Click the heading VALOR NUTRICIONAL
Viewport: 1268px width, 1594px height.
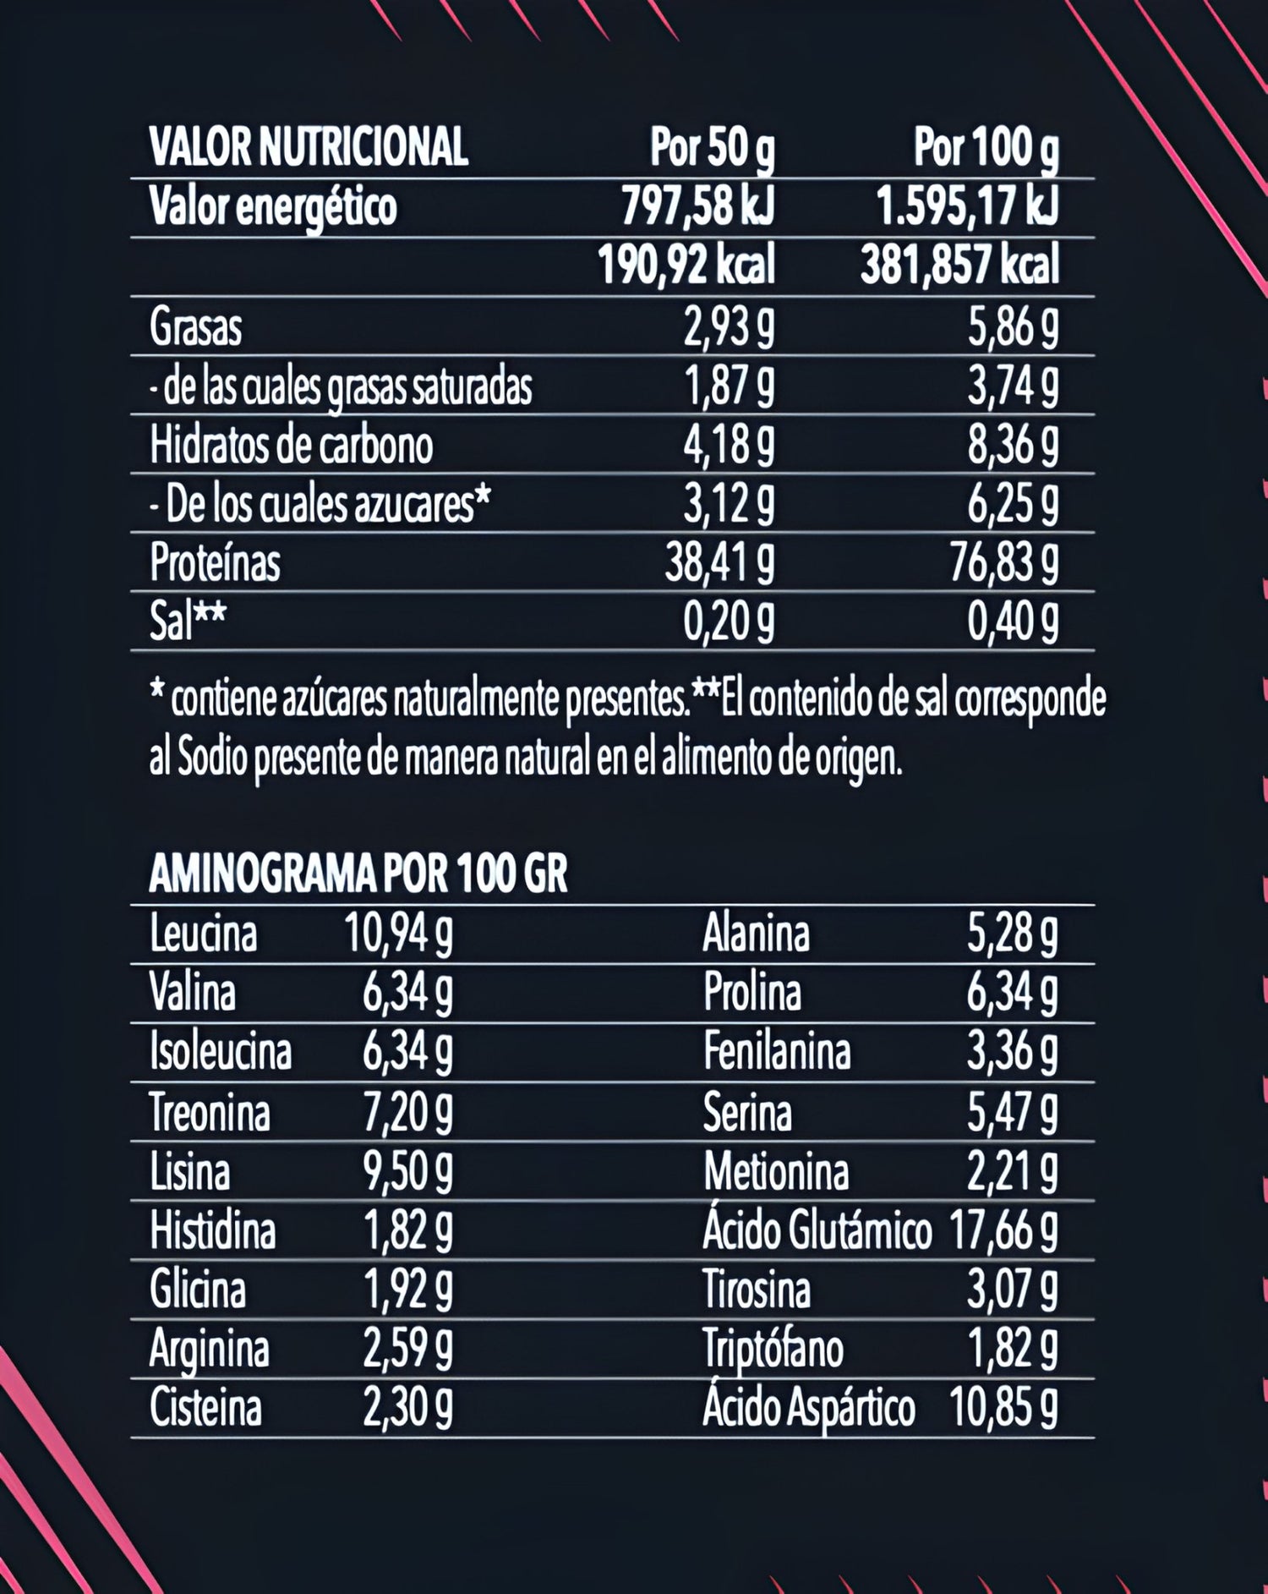click(308, 147)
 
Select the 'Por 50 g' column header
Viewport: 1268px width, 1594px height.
click(712, 147)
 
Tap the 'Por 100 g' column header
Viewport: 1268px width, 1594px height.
click(985, 147)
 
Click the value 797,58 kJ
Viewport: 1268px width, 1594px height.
click(697, 207)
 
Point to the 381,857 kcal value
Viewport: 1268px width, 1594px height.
click(959, 266)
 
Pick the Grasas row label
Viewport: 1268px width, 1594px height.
click(195, 327)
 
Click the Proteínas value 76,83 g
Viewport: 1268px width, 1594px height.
click(1003, 563)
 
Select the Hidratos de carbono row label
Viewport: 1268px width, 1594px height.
click(291, 446)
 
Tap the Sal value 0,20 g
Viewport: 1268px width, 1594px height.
click(729, 622)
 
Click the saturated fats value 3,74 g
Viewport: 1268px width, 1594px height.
click(1013, 386)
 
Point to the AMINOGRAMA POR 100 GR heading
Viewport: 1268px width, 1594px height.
click(358, 874)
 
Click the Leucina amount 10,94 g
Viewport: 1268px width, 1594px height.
click(398, 934)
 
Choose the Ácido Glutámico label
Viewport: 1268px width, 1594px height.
click(817, 1230)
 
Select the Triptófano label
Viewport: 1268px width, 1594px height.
click(773, 1349)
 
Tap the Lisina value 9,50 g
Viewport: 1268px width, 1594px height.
click(407, 1172)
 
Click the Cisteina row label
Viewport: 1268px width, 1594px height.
click(205, 1408)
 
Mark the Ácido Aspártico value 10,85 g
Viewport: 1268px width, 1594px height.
click(1003, 1408)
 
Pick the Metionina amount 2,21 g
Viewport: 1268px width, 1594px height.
click(1012, 1172)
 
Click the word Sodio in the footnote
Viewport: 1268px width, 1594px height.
click(212, 759)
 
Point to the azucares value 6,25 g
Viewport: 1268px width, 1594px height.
click(1013, 505)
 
